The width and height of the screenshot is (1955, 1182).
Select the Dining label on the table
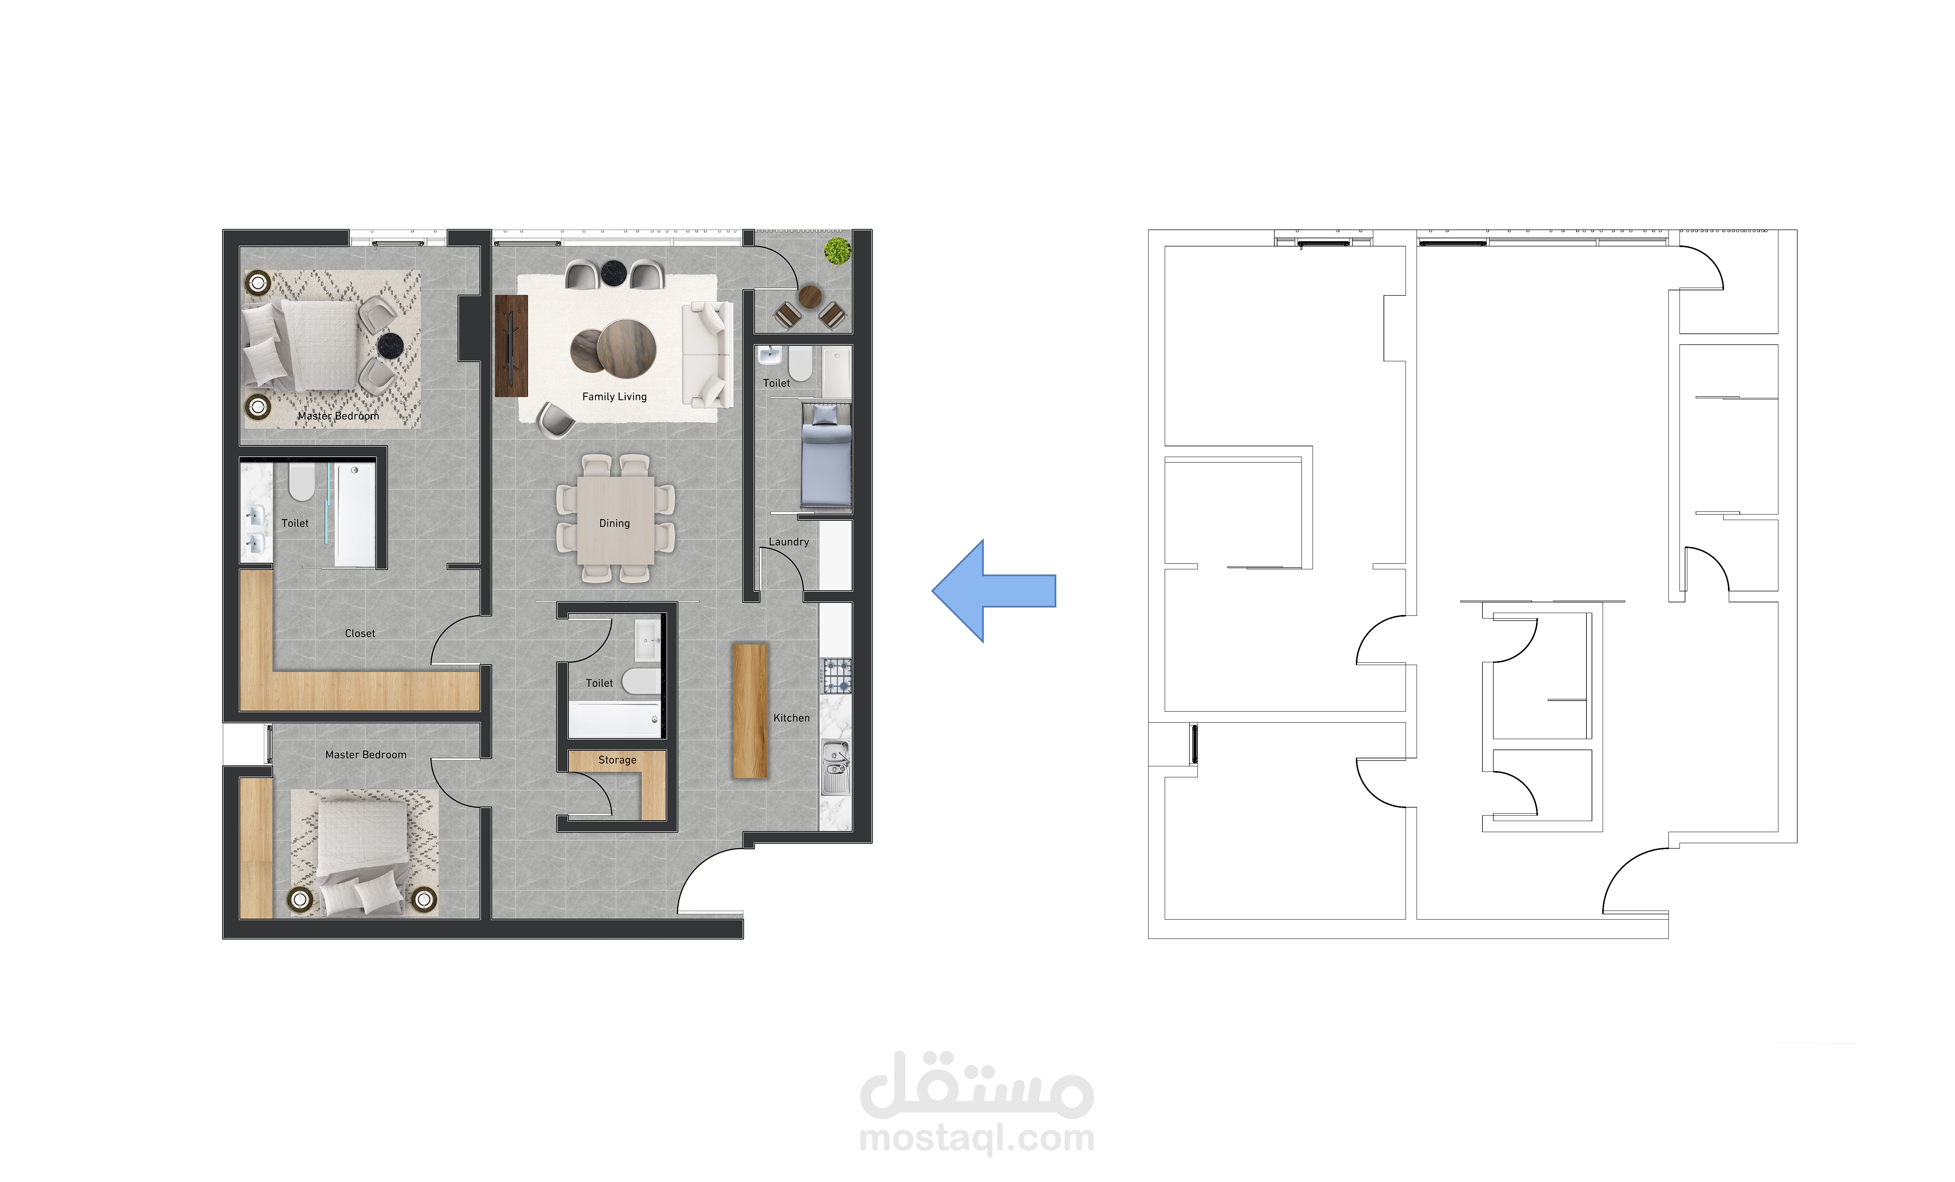[x=614, y=524]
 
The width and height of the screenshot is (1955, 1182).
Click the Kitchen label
[x=792, y=718]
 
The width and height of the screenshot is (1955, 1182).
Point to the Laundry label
[x=789, y=542]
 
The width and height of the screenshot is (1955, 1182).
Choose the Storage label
[x=617, y=760]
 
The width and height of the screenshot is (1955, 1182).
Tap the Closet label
[x=360, y=633]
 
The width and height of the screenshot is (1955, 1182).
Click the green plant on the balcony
[x=837, y=251]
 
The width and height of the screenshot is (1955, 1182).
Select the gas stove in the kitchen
[x=836, y=676]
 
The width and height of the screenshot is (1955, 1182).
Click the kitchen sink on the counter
[x=836, y=766]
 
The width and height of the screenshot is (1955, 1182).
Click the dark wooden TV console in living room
[x=511, y=346]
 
